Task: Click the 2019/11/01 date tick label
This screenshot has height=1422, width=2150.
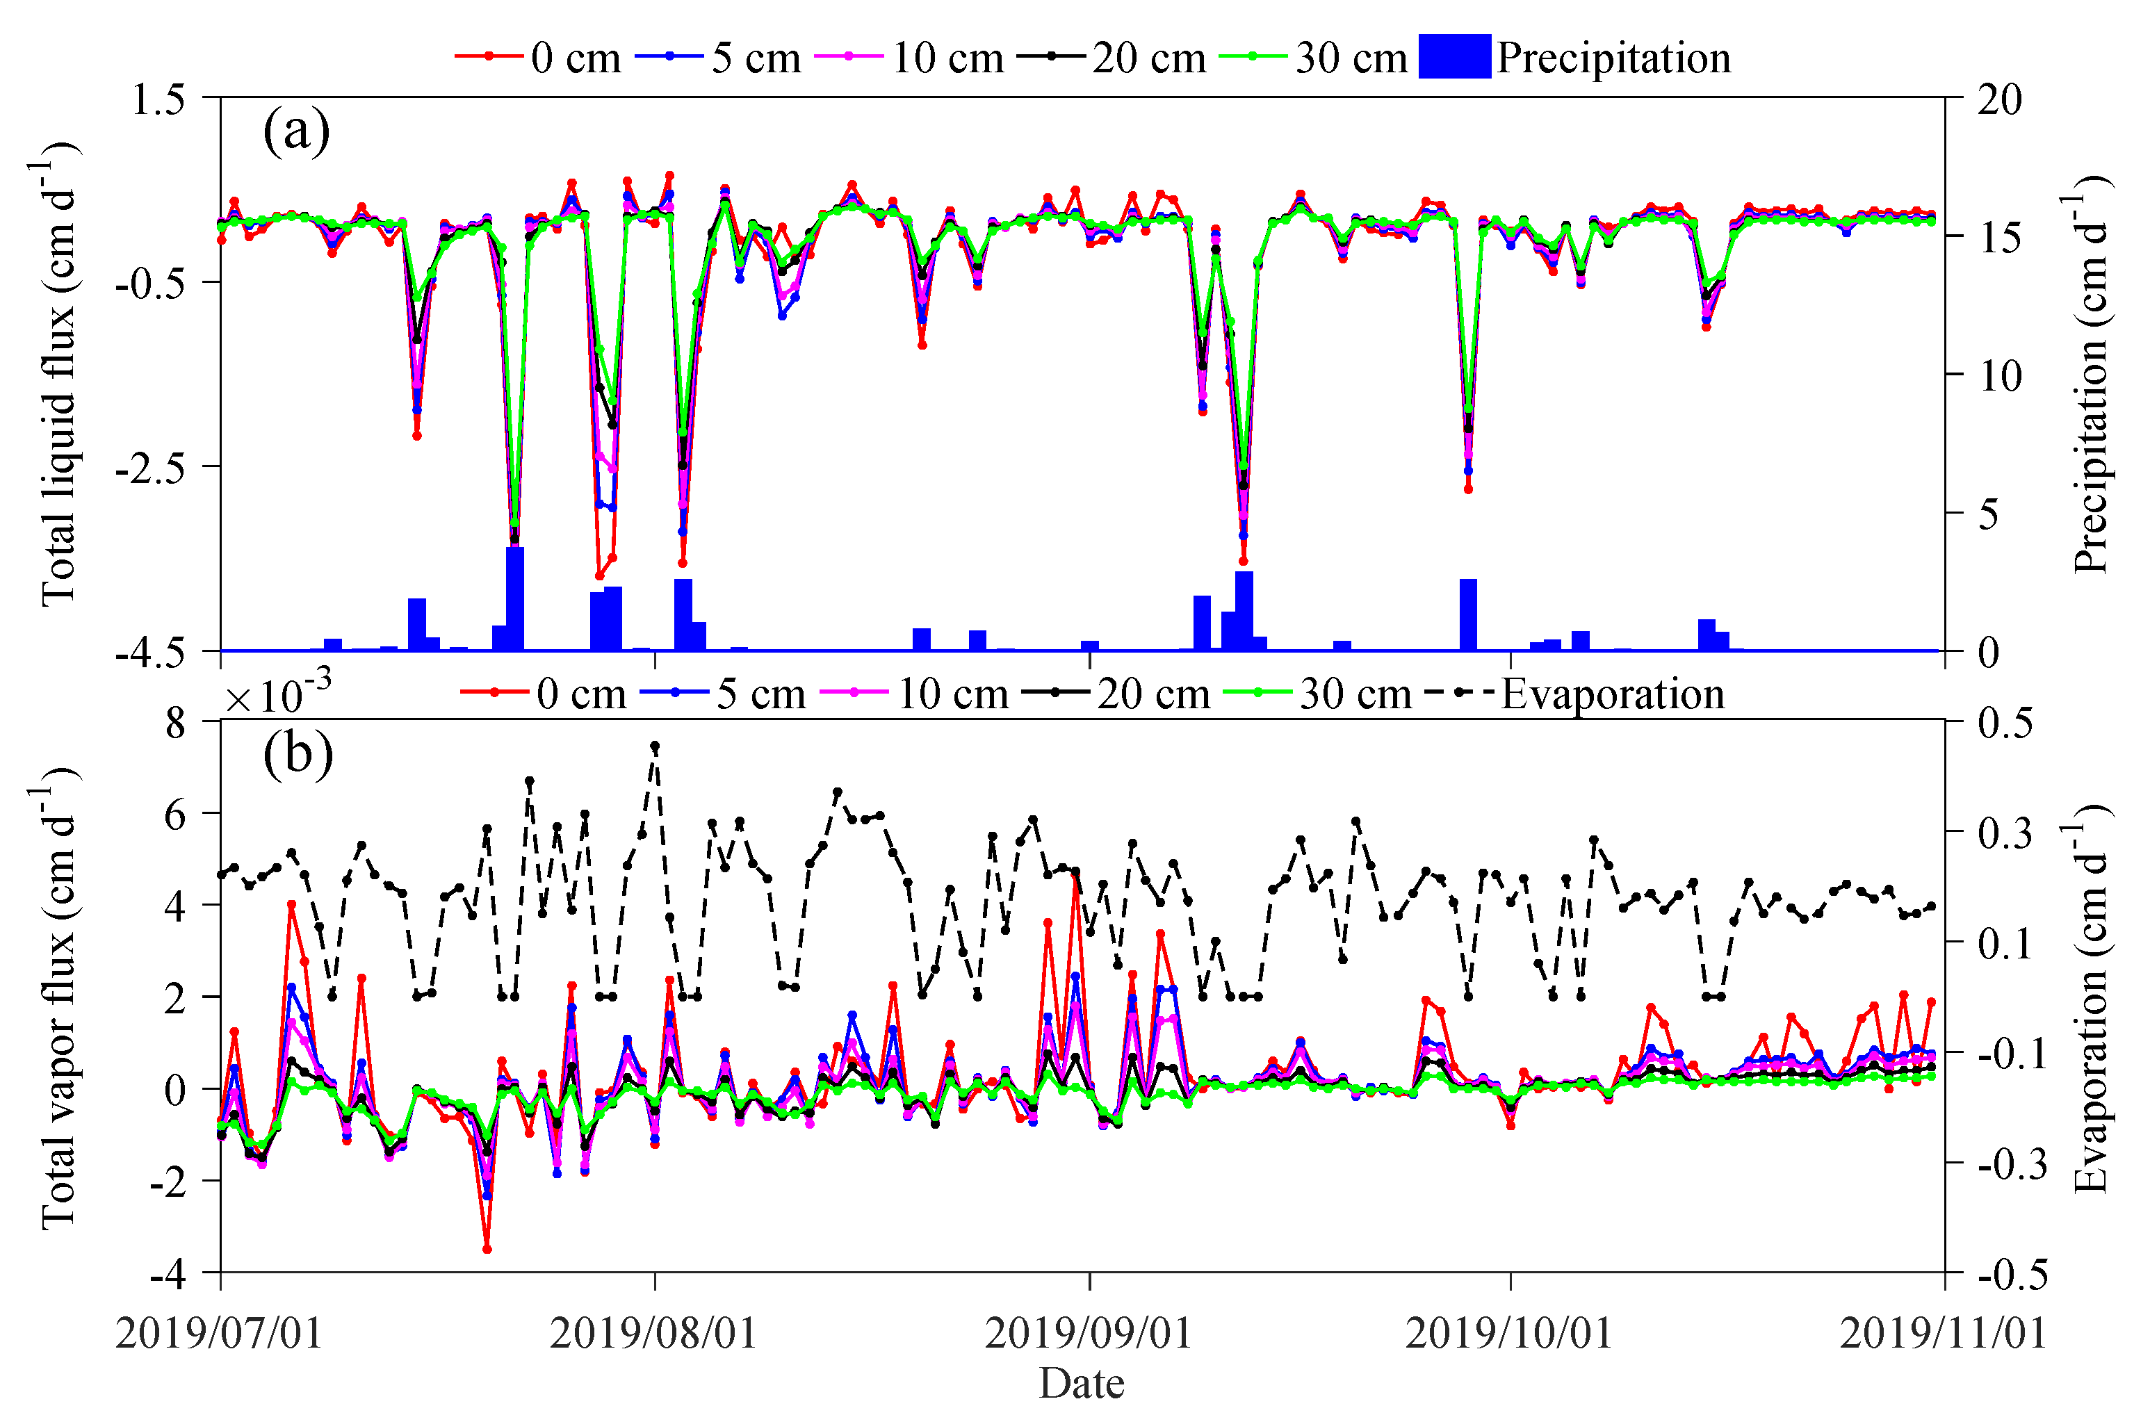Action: click(x=1944, y=1333)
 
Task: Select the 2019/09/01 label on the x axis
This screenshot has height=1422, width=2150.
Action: click(x=1088, y=1333)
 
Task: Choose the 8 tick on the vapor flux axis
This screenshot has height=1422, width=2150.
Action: click(x=176, y=724)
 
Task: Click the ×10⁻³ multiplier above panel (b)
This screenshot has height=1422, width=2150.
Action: click(x=277, y=696)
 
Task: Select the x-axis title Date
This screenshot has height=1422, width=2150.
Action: click(x=1081, y=1384)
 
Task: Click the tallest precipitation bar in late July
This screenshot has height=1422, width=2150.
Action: click(x=515, y=598)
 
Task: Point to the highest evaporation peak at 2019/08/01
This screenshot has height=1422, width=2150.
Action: click(x=655, y=746)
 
